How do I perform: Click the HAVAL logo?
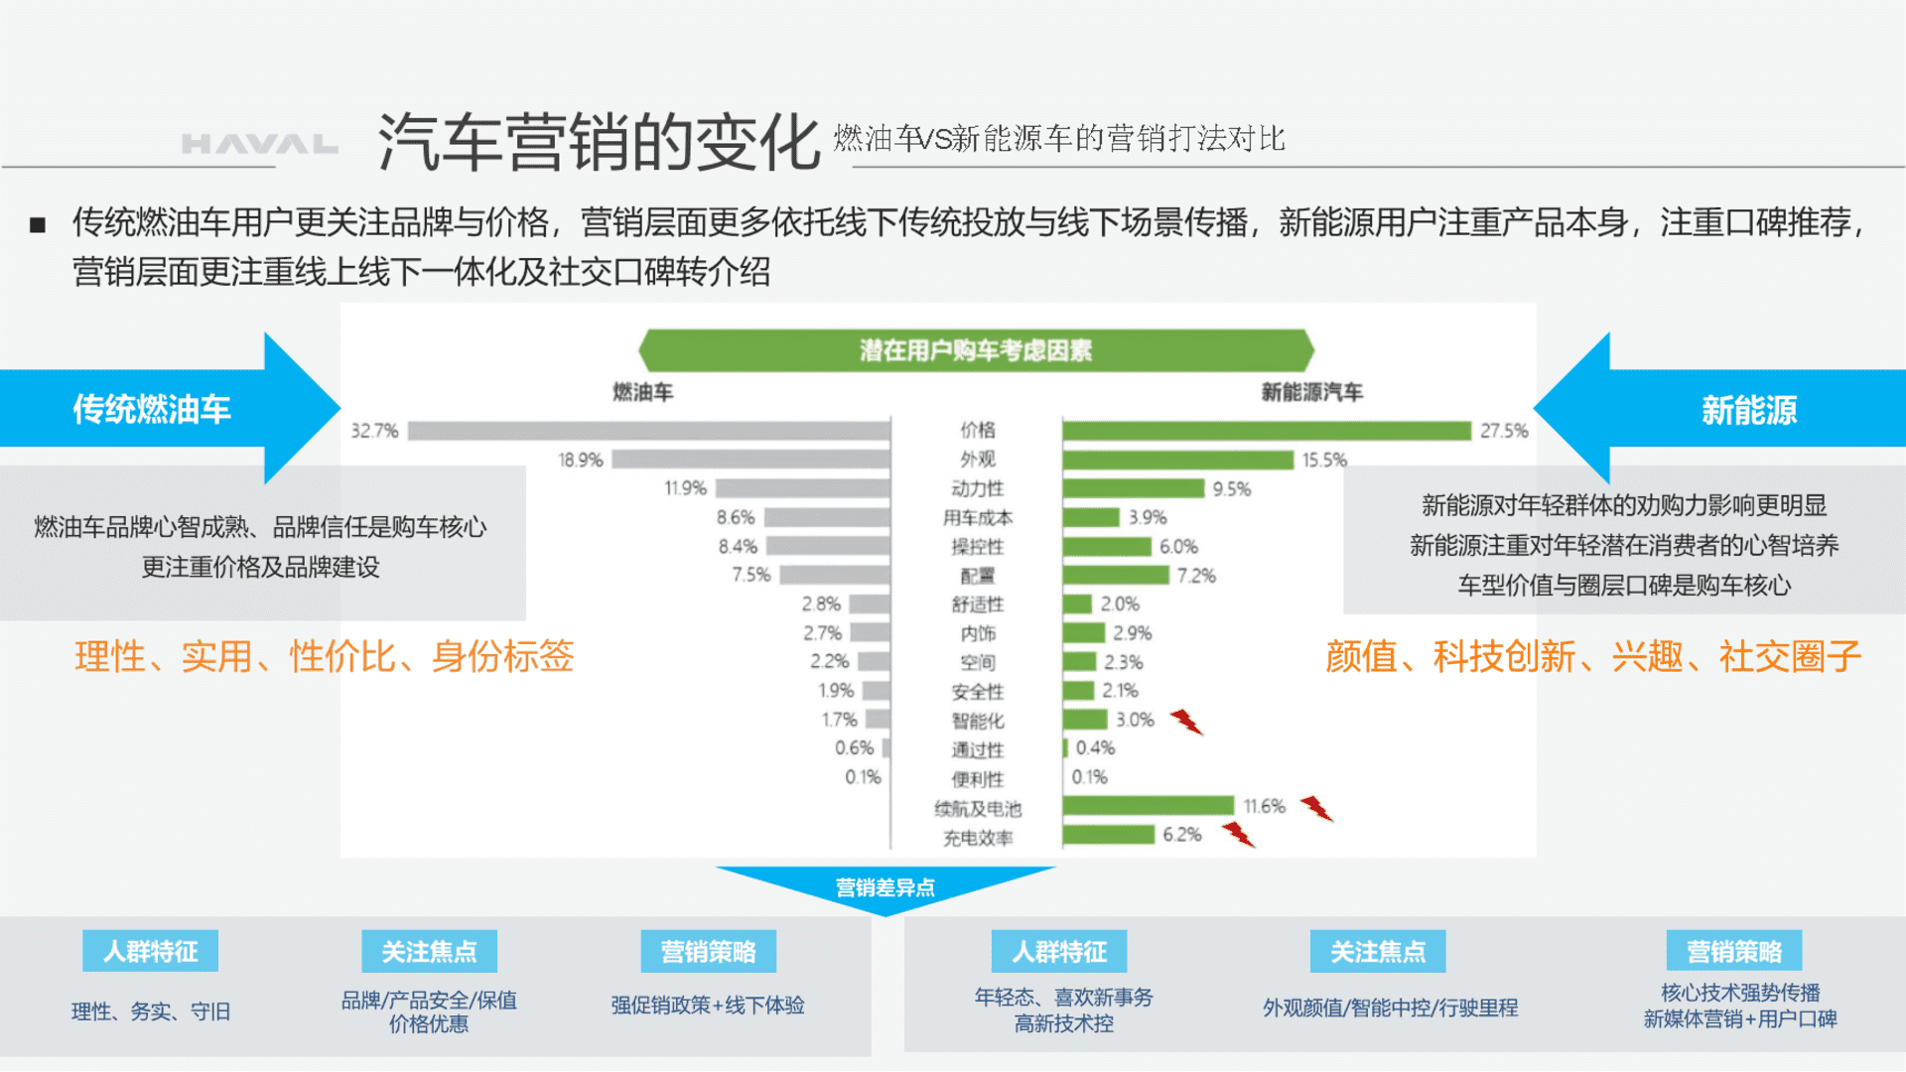259,144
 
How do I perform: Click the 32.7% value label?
375,431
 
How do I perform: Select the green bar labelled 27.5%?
1267,431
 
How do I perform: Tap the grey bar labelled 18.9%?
750,460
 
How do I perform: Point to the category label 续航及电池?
978,809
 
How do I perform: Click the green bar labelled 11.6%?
1149,805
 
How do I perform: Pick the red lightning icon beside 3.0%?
1186,722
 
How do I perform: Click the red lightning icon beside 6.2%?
1238,835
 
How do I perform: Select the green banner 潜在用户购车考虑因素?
976,350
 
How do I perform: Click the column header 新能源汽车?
1312,393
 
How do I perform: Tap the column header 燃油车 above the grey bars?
643,393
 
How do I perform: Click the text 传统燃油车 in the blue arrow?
152,409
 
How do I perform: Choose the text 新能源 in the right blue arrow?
1749,410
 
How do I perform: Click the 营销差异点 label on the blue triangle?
885,887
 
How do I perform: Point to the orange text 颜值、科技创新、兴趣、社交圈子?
1593,656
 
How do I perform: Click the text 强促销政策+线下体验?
708,1005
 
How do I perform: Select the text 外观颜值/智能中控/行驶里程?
1391,1008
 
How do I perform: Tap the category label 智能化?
978,722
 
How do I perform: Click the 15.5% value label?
1325,461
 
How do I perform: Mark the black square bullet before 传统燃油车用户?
38,225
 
